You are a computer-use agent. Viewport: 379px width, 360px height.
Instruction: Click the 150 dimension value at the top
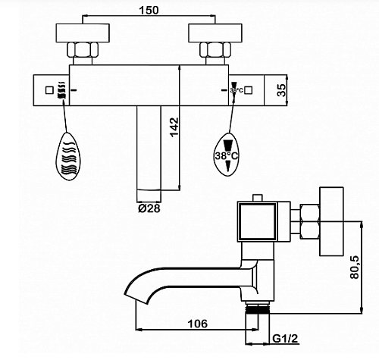point(149,10)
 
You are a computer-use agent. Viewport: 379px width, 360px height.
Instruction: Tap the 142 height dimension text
point(174,127)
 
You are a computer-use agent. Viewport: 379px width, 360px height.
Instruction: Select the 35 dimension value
point(281,90)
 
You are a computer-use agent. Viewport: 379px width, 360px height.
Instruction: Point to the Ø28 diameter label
point(149,208)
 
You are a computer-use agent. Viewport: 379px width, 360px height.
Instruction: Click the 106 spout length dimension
point(197,324)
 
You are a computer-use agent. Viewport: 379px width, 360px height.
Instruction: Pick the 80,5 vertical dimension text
point(354,267)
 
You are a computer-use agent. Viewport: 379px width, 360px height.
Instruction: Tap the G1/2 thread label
point(285,339)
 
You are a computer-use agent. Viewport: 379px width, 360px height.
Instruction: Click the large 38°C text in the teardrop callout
point(226,156)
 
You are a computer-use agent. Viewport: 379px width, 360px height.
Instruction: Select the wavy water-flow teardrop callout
point(67,156)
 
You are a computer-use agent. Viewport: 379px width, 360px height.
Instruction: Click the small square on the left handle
point(49,90)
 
